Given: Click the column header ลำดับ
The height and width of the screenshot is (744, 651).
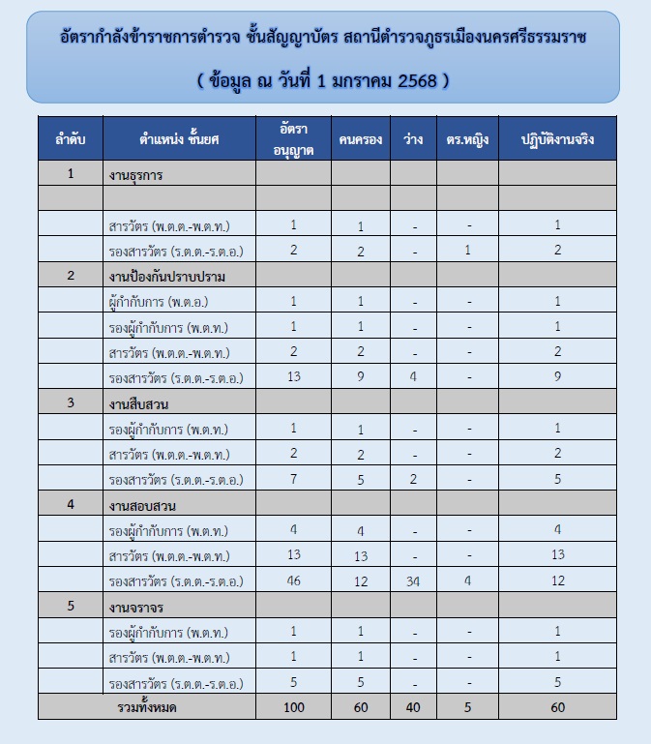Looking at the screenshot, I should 70,139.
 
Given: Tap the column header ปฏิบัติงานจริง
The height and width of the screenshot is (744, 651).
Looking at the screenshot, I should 557,139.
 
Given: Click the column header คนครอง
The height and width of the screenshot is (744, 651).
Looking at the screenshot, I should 361,139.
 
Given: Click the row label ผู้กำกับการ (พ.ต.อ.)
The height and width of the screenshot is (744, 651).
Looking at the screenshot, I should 160,301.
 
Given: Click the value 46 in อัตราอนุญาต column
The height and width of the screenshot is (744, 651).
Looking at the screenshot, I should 293,580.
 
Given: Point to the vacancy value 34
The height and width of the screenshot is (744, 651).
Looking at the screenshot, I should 412,580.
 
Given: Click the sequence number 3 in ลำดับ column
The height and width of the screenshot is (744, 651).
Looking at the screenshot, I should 70,403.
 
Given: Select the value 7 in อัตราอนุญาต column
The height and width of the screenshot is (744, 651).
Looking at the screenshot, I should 293,479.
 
